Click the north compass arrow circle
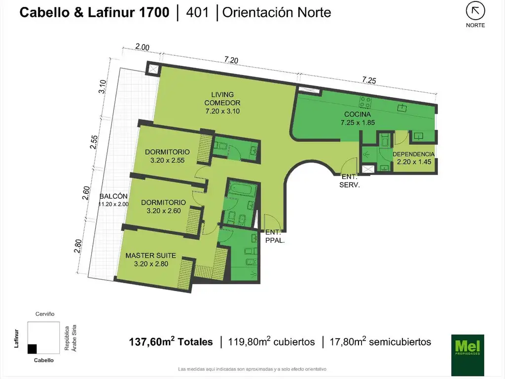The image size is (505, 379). tap(475, 12)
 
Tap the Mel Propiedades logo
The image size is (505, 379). tap(468, 354)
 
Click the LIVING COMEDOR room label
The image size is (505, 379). tap(222, 103)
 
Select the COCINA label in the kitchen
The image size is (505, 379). tap(358, 114)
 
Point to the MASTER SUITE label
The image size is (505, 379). tap(151, 255)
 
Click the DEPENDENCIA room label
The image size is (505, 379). tap(414, 154)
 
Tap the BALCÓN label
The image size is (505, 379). tap(113, 196)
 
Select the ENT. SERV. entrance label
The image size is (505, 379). tap(350, 181)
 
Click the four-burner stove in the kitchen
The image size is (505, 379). tap(365, 103)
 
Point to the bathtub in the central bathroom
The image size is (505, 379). tap(243, 189)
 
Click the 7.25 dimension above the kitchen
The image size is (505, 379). tap(369, 80)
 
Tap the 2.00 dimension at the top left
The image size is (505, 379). tap(142, 47)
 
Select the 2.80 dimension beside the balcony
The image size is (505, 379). tap(77, 246)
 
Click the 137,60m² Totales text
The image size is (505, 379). tap(171, 341)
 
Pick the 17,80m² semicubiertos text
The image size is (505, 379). tap(380, 341)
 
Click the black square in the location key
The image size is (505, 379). tap(32, 349)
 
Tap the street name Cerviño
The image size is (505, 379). tap(45, 314)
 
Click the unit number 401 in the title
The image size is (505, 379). tap(197, 12)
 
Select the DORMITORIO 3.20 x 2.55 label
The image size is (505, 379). tap(167, 156)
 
